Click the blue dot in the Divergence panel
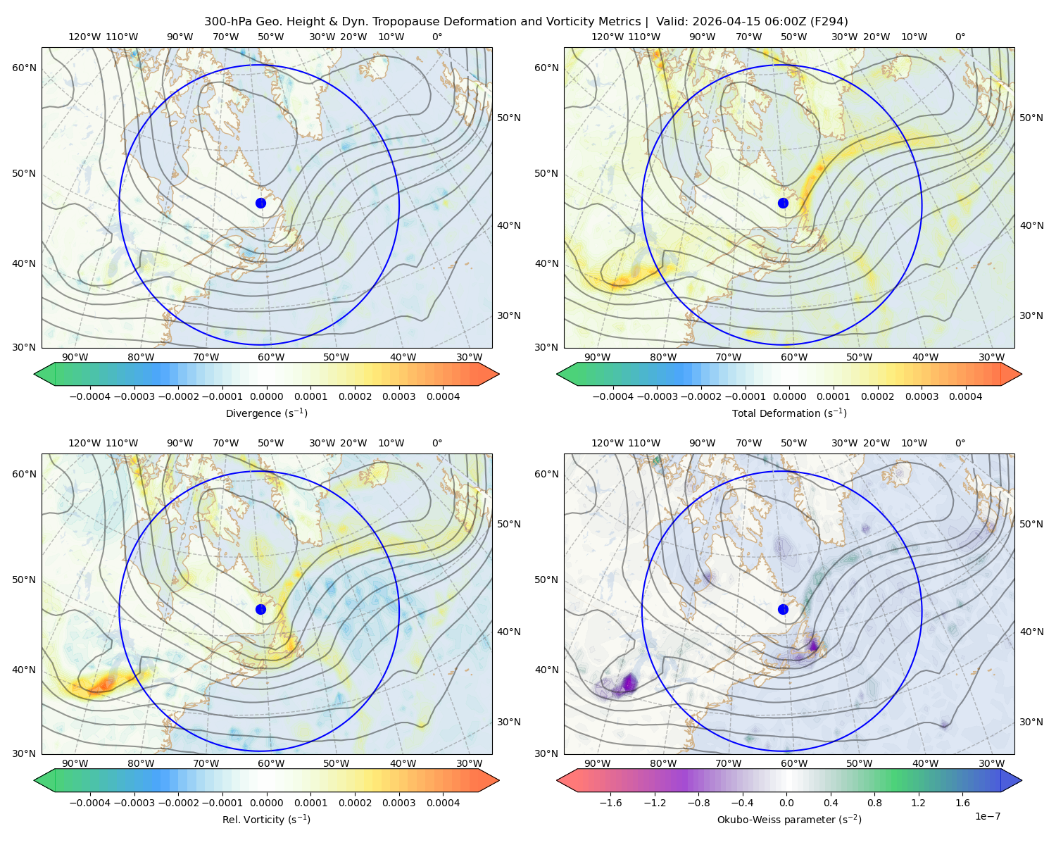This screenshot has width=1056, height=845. (260, 203)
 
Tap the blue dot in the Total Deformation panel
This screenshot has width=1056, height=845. (783, 203)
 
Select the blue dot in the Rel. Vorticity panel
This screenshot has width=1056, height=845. (260, 609)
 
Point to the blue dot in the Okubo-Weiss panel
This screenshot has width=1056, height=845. (783, 609)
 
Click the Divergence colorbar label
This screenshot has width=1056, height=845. (266, 413)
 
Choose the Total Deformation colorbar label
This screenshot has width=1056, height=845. (789, 413)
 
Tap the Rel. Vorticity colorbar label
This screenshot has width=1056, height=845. (266, 819)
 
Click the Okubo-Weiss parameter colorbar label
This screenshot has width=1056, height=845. (789, 819)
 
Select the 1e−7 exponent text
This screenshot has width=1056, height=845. (987, 816)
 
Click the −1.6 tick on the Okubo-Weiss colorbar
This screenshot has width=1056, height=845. (610, 802)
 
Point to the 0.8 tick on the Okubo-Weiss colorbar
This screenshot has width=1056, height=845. (874, 802)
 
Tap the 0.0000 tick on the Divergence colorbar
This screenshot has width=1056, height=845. (266, 396)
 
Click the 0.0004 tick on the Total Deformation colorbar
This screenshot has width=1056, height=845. (965, 396)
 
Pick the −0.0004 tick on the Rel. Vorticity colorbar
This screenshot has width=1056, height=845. (90, 802)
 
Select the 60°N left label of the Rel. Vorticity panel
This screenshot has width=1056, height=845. (24, 474)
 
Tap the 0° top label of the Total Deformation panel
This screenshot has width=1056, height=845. (960, 37)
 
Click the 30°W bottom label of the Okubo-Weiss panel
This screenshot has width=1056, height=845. (992, 763)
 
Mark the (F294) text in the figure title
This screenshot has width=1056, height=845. (829, 21)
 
